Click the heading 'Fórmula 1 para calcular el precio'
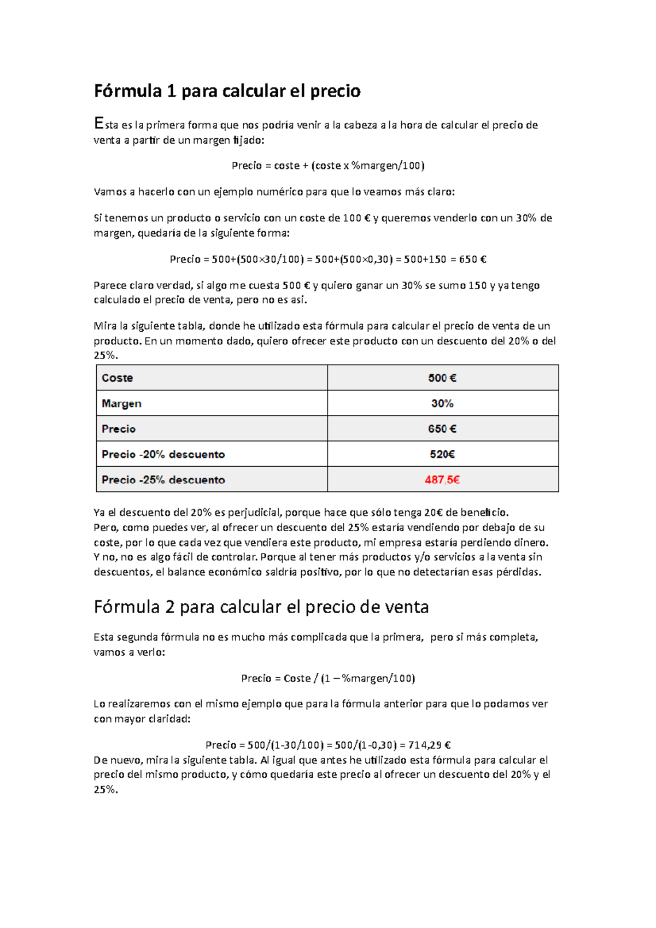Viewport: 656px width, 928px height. [x=227, y=91]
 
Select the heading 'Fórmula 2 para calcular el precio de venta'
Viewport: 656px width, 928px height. [x=261, y=607]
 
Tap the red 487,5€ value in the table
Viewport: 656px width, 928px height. [x=442, y=480]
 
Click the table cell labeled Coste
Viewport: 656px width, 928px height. [x=118, y=378]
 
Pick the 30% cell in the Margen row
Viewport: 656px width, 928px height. [x=442, y=404]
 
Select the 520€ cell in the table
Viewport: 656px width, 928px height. [x=442, y=455]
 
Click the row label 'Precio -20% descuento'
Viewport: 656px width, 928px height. [x=163, y=455]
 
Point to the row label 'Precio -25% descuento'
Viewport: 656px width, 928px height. [x=163, y=480]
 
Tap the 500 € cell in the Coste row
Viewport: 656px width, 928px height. [x=442, y=378]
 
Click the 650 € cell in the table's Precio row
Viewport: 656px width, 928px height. [x=442, y=429]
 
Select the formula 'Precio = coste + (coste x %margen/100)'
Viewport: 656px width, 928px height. [x=328, y=166]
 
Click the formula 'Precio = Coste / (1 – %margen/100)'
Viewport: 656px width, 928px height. [x=328, y=678]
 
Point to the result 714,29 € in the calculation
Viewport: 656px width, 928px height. [x=429, y=745]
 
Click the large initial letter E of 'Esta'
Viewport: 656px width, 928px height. [x=98, y=124]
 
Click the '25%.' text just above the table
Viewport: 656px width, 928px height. [x=106, y=355]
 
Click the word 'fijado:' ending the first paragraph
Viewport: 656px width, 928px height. [x=249, y=140]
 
